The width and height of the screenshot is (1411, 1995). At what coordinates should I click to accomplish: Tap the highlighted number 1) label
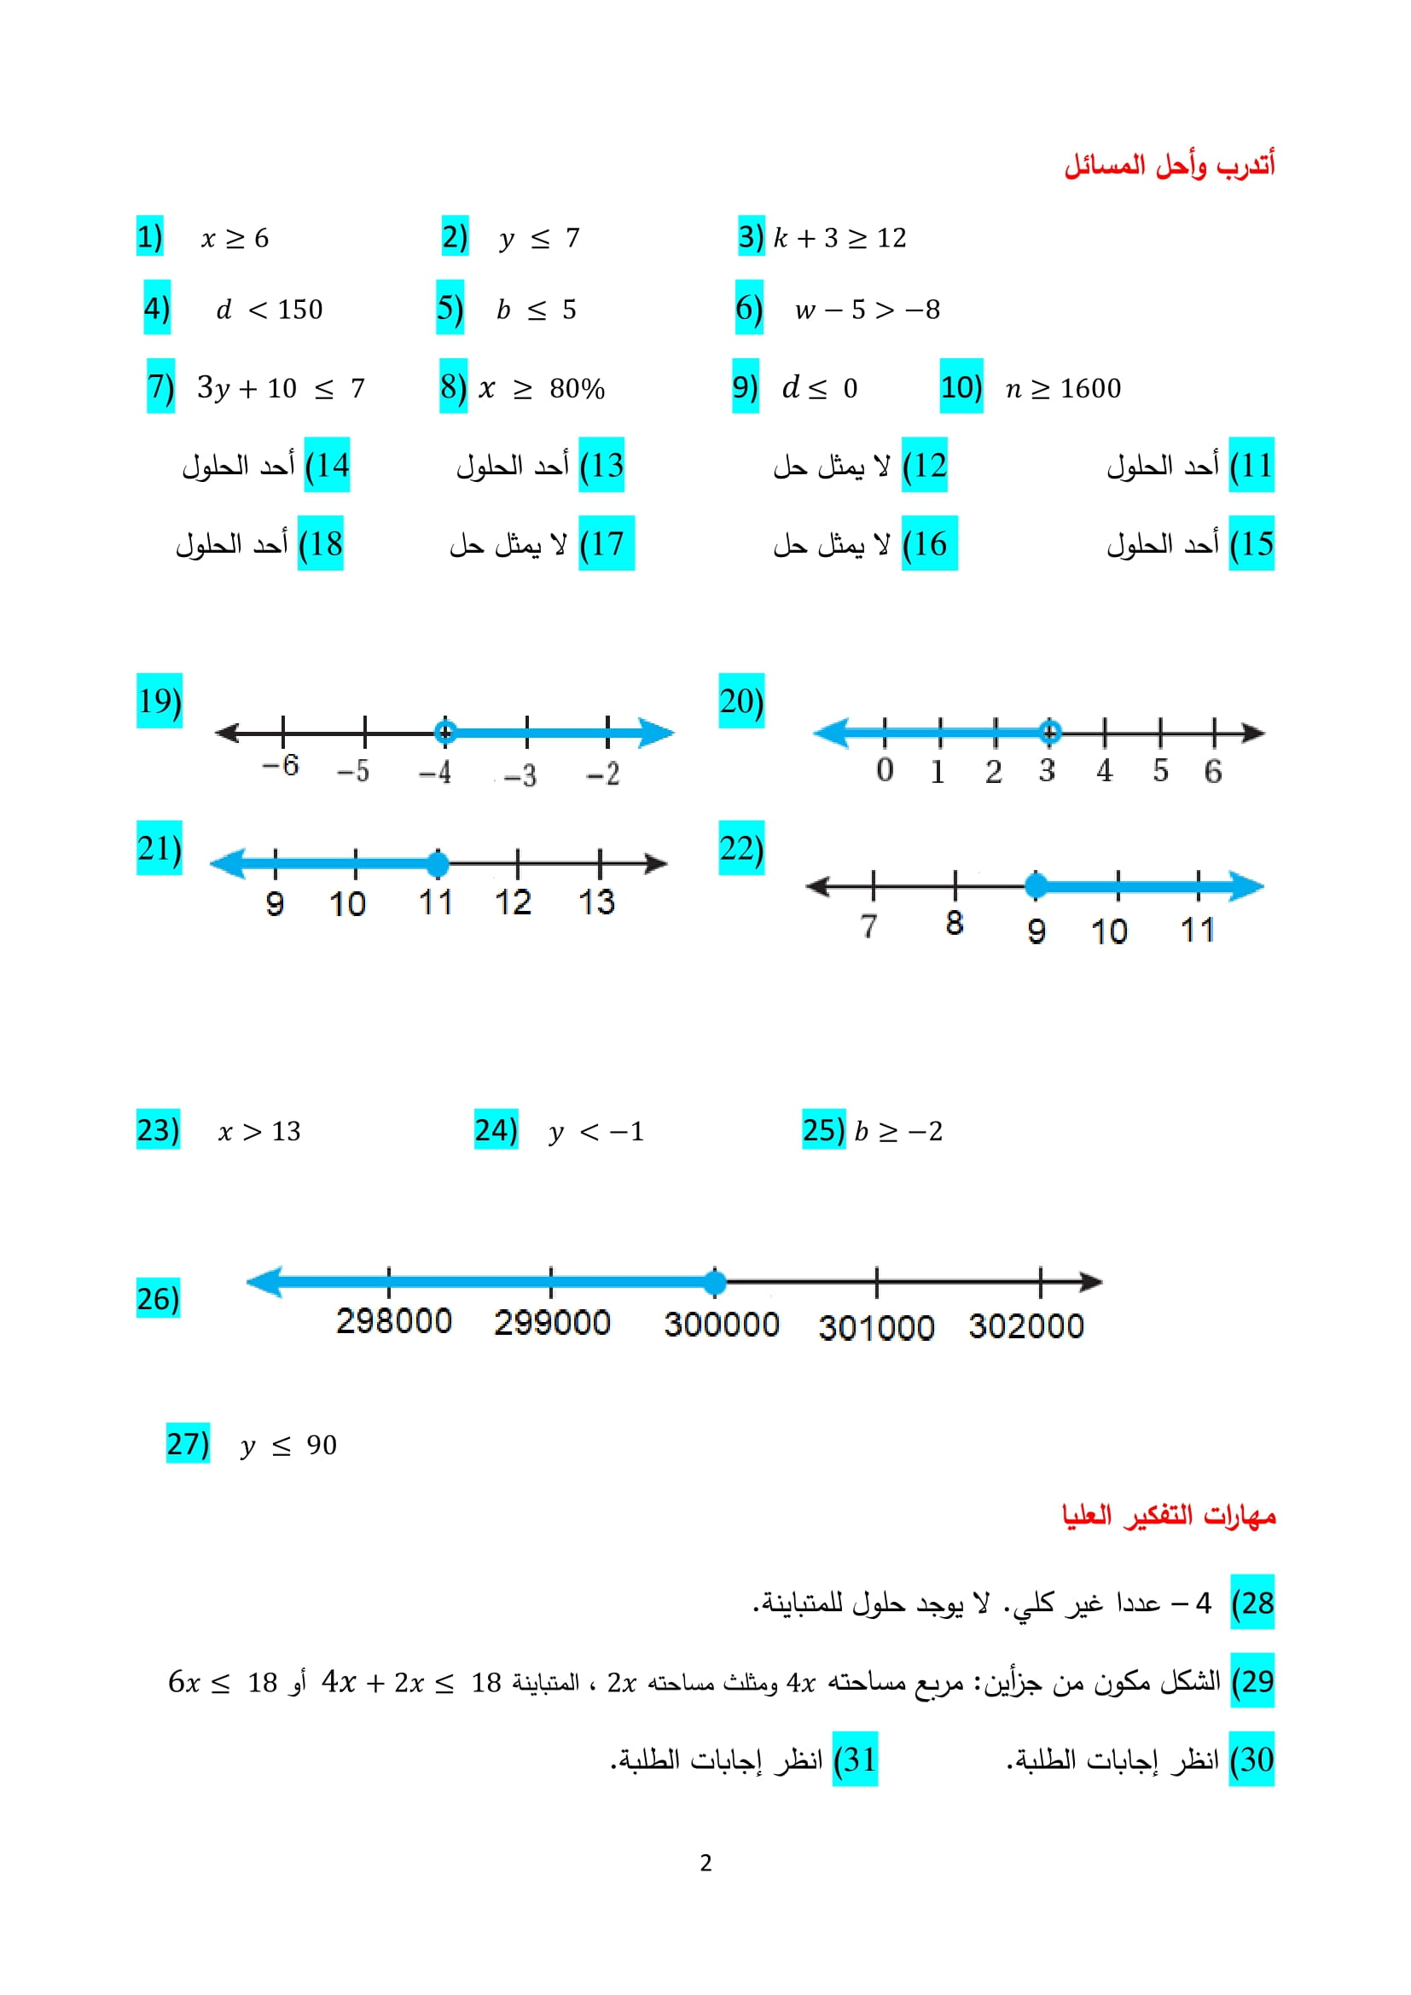(x=149, y=236)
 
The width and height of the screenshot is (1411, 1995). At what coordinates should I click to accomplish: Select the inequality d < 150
(x=270, y=310)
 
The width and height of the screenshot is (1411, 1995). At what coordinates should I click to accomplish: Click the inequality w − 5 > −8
(x=866, y=310)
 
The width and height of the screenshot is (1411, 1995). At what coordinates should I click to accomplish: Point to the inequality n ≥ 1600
(x=1063, y=387)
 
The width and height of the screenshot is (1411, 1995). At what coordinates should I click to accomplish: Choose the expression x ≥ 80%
(x=542, y=387)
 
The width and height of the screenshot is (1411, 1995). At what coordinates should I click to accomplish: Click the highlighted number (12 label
(x=924, y=465)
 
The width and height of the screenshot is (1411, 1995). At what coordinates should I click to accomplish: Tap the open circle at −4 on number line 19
(x=444, y=733)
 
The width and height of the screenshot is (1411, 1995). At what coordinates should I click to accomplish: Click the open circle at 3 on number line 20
(x=1049, y=733)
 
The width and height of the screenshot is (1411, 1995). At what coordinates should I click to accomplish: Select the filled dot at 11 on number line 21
(x=438, y=864)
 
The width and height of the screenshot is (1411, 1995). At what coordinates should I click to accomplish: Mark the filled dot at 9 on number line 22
(x=1036, y=885)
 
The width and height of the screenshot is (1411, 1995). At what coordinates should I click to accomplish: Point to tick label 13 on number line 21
(x=596, y=902)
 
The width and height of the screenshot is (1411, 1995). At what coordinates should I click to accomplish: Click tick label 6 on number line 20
(x=1213, y=770)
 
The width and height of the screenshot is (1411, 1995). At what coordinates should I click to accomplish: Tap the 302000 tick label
(x=1026, y=1326)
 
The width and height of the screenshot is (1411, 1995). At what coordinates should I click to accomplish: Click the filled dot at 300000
(x=714, y=1282)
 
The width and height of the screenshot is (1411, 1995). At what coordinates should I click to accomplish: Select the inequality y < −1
(x=596, y=1130)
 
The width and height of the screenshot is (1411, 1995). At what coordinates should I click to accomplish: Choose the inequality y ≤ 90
(x=288, y=1444)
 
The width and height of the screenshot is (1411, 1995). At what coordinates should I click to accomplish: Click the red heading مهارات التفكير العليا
(x=1169, y=1516)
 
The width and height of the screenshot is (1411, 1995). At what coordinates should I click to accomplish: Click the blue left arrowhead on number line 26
(x=264, y=1282)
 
